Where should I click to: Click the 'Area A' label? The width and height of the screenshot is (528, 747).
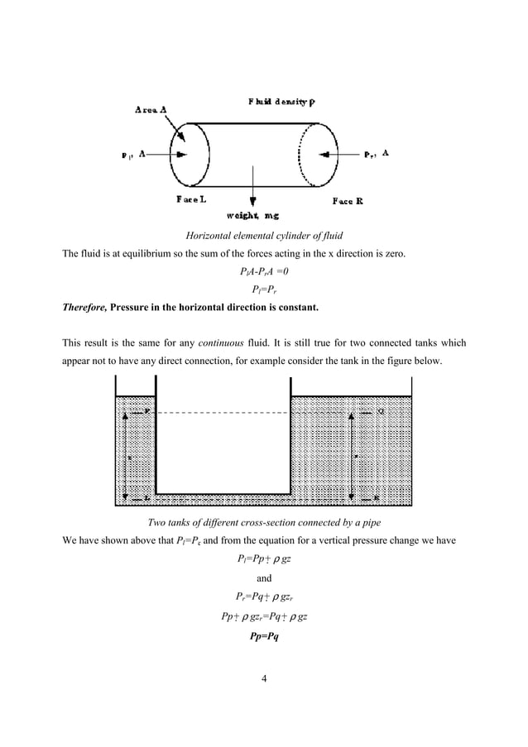(156, 108)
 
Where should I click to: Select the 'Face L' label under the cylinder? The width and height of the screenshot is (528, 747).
(191, 200)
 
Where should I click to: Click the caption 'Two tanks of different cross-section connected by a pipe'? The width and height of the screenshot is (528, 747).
(263, 520)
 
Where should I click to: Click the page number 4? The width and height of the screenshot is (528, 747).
(263, 680)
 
